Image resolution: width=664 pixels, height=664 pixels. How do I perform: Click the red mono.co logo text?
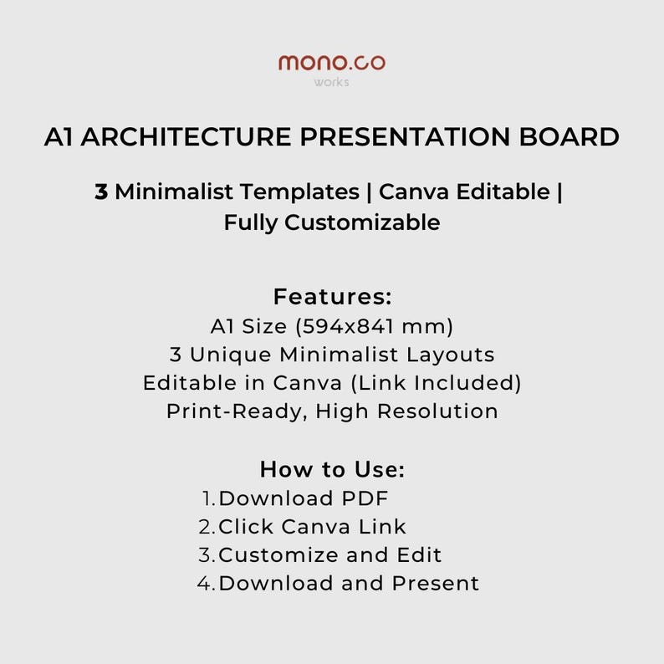pyautogui.click(x=331, y=63)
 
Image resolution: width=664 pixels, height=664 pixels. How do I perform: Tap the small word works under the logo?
pyautogui.click(x=331, y=82)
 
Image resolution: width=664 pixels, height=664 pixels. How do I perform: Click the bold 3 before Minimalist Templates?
pyautogui.click(x=101, y=192)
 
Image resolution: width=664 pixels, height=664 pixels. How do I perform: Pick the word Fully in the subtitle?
pyautogui.click(x=251, y=222)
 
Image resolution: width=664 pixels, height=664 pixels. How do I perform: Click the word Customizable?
pyautogui.click(x=362, y=222)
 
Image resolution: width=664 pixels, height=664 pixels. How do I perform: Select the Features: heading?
pyautogui.click(x=332, y=297)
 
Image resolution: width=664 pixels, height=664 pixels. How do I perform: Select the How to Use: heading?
pyautogui.click(x=332, y=468)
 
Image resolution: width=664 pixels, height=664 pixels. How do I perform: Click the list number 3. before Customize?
pyautogui.click(x=207, y=554)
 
